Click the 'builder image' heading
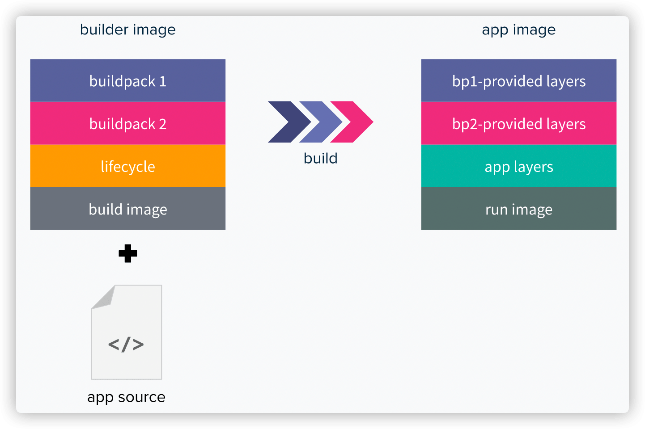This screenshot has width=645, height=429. point(127,30)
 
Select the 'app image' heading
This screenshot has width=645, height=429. point(518,30)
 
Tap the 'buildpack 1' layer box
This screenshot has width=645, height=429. point(127,80)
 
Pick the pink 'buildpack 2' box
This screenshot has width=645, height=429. point(127,123)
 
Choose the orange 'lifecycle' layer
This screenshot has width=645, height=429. point(127,166)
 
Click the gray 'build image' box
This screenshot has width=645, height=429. point(127,209)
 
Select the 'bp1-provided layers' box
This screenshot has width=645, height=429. point(518,80)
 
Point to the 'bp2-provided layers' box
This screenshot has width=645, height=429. point(518,123)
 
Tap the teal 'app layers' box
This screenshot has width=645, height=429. point(518,166)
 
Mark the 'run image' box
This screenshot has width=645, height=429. point(518,209)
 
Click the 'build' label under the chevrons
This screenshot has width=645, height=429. point(320,159)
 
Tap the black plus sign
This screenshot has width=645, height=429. point(127,253)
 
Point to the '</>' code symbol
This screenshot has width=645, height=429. point(126,345)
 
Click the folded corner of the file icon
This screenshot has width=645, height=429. point(103,297)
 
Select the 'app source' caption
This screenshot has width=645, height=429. point(126,397)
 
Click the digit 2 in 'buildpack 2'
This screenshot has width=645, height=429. point(163,124)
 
